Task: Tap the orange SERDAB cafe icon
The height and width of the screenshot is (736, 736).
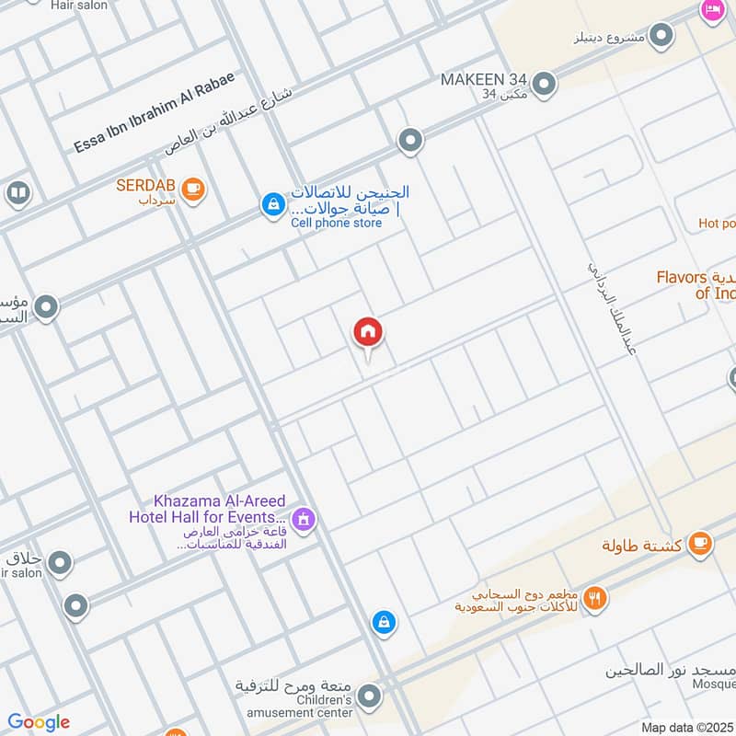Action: click(x=193, y=189)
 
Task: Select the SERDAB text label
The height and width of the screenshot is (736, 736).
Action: click(x=145, y=185)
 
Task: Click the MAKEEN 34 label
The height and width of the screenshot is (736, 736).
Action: click(x=482, y=79)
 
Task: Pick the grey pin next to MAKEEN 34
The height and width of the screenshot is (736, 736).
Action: click(x=545, y=84)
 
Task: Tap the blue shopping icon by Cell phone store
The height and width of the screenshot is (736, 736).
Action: click(x=272, y=204)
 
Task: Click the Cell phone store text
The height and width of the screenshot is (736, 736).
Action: click(x=336, y=223)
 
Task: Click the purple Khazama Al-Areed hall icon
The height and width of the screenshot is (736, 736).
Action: click(x=305, y=521)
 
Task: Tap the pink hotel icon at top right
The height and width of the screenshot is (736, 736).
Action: click(x=712, y=10)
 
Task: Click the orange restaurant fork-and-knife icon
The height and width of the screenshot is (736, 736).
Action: click(x=596, y=596)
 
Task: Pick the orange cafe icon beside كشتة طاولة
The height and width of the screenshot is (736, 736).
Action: click(x=700, y=543)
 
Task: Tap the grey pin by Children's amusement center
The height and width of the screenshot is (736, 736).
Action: click(x=369, y=696)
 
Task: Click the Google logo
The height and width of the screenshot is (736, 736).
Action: click(x=39, y=722)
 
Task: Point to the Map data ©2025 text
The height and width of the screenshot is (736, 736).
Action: click(x=687, y=727)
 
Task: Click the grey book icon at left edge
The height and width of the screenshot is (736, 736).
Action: click(x=17, y=193)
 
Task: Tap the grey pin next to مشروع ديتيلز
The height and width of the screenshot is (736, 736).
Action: click(x=661, y=36)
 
